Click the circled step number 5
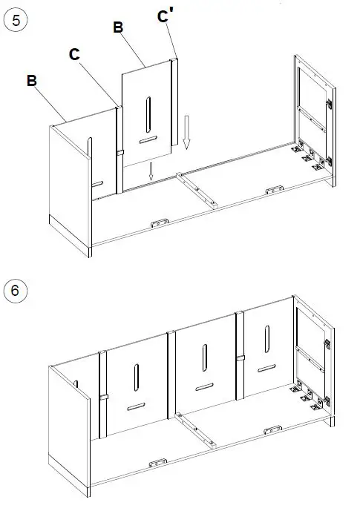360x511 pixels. pos(16,20)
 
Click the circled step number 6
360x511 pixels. pos(16,290)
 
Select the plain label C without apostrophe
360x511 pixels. pos(74,54)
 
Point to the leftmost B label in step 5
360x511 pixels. pos(32,80)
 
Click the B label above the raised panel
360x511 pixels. pos(117,27)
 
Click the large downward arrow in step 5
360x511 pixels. pos(186,133)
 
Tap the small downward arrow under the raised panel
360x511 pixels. pos(151,171)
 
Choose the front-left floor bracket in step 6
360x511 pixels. pos(158,464)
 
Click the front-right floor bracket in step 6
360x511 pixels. pos(272,430)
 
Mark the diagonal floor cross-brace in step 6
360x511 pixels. pos(197,430)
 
